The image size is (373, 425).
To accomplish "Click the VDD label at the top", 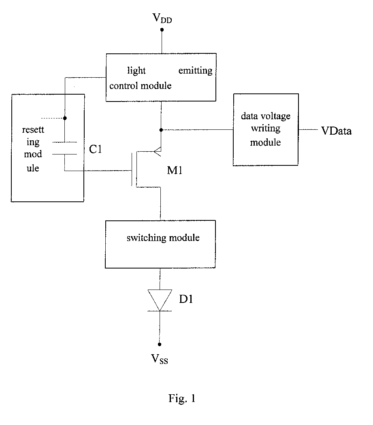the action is coord(162,18).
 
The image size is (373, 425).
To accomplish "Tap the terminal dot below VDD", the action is coord(162,30).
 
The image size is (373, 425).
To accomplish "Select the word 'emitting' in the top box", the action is coord(196,71).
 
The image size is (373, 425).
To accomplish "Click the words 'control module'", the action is coord(141,86).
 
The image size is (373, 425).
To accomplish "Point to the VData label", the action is coord(337,131).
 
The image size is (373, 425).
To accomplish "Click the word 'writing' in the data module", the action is coord(266,129).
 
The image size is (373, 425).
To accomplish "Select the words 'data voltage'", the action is coord(266,116).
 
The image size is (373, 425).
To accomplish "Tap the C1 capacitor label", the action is coord(96,149).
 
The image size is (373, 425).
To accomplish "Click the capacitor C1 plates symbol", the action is coord(65,148).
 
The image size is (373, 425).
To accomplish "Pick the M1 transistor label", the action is coord(175,171).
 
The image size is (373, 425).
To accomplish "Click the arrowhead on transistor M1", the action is coord(158,151).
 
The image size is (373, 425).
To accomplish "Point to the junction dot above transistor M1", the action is coord(161,130).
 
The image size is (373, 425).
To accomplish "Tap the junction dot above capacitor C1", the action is coord(65,118).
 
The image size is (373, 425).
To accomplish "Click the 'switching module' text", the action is coord(163,238).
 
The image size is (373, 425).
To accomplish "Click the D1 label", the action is coord(186,299).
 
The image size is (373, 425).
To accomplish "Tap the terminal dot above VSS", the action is coord(160,344).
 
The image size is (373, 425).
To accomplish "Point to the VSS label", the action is coord(160,359).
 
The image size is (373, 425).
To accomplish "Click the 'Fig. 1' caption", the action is coord(182,398).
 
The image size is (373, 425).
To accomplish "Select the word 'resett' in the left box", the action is coord(33,130).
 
